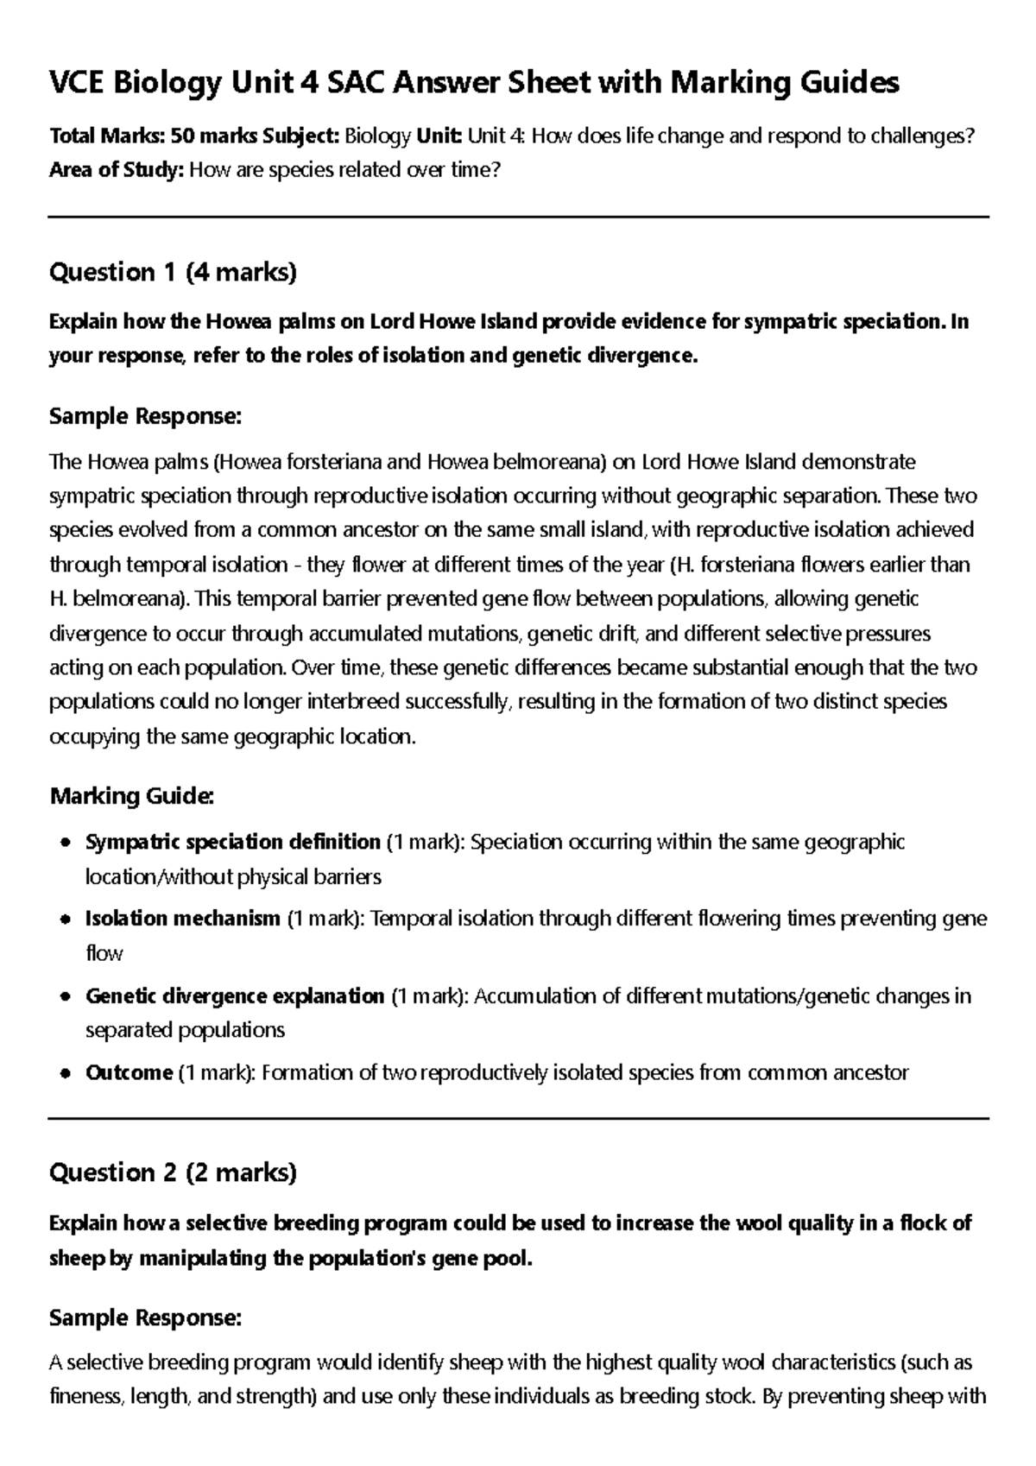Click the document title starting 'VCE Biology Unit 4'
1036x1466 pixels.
click(x=474, y=83)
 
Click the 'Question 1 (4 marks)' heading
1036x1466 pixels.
click(x=173, y=273)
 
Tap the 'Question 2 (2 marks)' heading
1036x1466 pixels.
click(x=173, y=1172)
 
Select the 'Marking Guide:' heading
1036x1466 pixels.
click(x=131, y=795)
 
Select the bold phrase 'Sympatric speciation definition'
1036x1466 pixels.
click(x=233, y=842)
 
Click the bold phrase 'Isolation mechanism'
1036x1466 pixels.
click(x=183, y=919)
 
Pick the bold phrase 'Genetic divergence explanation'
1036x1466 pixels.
click(x=235, y=996)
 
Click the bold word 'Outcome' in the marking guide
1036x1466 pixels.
click(x=129, y=1073)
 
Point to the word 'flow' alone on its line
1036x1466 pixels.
click(x=104, y=954)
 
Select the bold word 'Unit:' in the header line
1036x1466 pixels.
click(x=440, y=136)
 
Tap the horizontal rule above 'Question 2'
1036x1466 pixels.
click(x=518, y=1118)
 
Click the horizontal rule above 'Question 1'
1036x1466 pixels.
click(x=518, y=218)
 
